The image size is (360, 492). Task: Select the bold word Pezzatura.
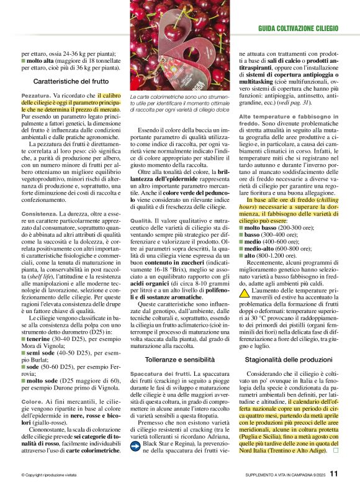click(x=37, y=96)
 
